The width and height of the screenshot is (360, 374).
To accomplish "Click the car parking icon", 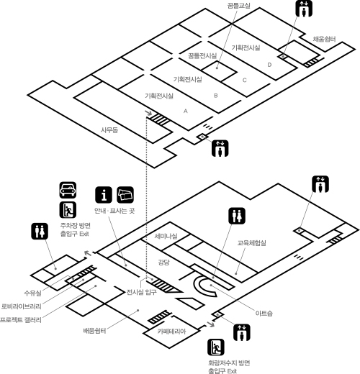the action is [68, 190].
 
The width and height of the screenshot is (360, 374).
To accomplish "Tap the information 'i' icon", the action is [104, 195].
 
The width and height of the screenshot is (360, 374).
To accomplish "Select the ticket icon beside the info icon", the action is [125, 195].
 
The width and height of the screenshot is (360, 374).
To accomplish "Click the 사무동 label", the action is [109, 130].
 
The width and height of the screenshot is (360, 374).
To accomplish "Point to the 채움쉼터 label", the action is [324, 39].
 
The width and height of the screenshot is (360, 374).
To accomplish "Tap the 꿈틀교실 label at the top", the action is [239, 5].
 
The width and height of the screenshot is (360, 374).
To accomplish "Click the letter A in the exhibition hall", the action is [185, 111].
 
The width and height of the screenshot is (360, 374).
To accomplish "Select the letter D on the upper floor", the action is [269, 65].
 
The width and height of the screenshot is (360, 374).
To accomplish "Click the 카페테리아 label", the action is [171, 332].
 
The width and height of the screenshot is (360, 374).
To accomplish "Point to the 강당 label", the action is [163, 262].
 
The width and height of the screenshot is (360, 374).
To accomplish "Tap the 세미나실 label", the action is [166, 236].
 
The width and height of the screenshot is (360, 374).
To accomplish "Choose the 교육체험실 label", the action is [252, 243].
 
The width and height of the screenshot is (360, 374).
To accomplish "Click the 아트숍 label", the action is [264, 313].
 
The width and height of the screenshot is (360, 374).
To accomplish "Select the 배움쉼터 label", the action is [94, 331].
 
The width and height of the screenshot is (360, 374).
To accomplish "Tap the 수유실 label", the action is [32, 293].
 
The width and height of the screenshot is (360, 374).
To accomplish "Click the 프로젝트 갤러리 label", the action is [21, 320].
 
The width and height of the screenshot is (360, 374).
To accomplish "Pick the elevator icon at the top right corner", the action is [304, 9].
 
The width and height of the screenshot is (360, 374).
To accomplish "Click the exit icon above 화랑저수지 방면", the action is [216, 347].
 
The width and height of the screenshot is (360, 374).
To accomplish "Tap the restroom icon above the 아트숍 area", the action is [237, 216].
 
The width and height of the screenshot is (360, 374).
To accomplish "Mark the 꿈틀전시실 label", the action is [202, 56].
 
